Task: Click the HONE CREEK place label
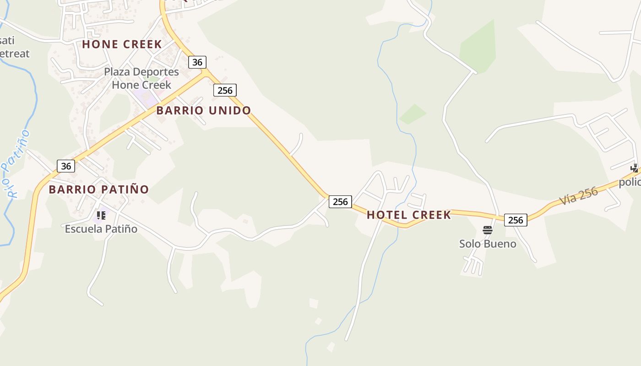click(122, 44)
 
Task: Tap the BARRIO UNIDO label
click(204, 110)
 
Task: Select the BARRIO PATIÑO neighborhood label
click(99, 189)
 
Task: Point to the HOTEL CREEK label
click(409, 215)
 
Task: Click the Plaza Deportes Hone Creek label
click(141, 78)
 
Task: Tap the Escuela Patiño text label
click(101, 229)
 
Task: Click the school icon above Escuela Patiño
click(101, 215)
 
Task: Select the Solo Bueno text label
click(488, 244)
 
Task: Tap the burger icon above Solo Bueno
click(488, 230)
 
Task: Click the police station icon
click(635, 168)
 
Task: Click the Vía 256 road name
click(579, 196)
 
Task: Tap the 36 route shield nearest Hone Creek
click(197, 62)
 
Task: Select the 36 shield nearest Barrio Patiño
click(66, 166)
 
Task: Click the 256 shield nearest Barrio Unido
click(225, 90)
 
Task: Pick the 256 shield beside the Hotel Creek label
click(340, 202)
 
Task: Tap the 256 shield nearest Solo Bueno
click(516, 220)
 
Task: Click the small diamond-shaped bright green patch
click(413, 114)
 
